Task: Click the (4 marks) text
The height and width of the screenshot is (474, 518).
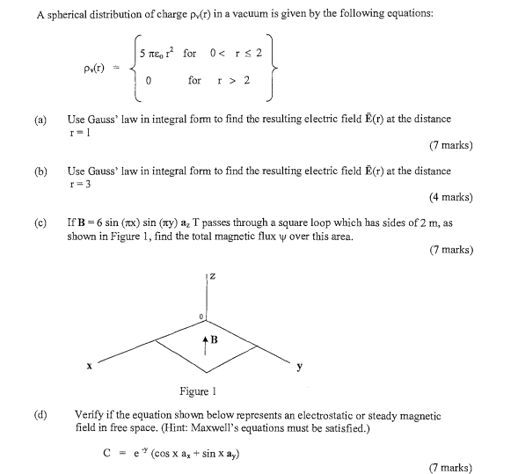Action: (449, 197)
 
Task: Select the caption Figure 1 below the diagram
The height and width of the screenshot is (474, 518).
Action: (199, 391)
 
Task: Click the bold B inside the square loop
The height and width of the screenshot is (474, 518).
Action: (214, 337)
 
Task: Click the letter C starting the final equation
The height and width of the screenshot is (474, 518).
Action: (106, 454)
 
